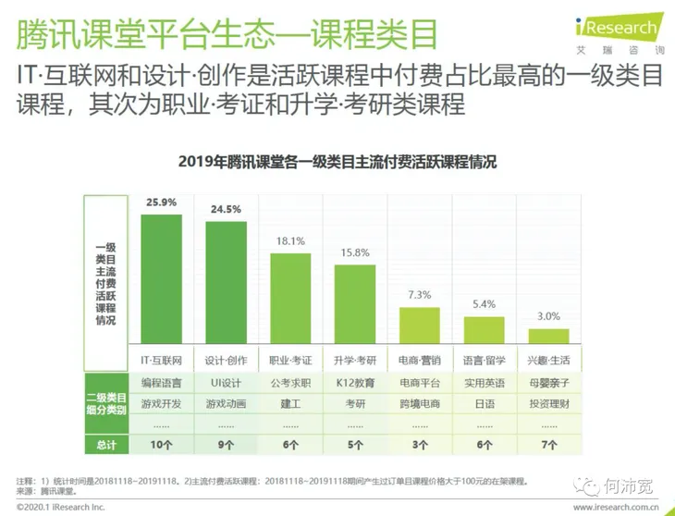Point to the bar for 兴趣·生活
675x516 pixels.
pyautogui.click(x=548, y=336)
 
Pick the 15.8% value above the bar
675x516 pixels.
pyautogui.click(x=355, y=252)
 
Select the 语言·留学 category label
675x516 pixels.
pyautogui.click(x=484, y=359)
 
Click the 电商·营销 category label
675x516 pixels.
pyautogui.click(x=419, y=359)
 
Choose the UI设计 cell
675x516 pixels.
pyautogui.click(x=225, y=381)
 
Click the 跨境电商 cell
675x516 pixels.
pyautogui.click(x=419, y=403)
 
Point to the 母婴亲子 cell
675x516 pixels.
pyautogui.click(x=548, y=381)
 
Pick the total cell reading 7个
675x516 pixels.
pyautogui.click(x=548, y=445)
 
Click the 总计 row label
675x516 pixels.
pyautogui.click(x=105, y=445)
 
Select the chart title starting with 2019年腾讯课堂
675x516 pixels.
pyautogui.click(x=337, y=162)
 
